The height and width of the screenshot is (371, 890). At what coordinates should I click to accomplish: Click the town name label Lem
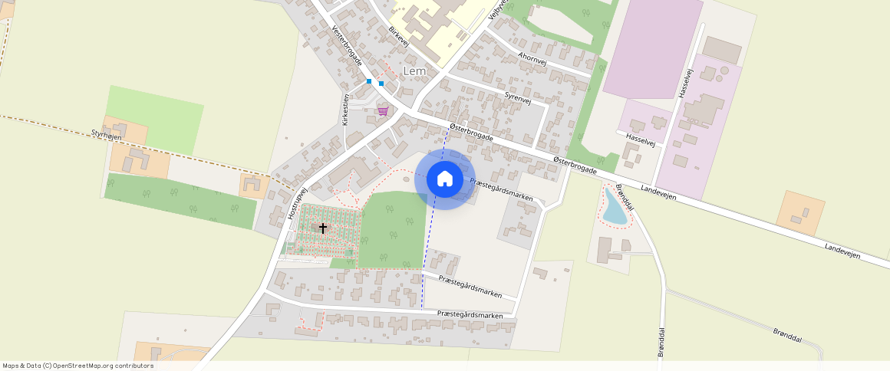coord(414,71)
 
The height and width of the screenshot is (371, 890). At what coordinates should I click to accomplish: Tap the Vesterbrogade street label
coord(347,46)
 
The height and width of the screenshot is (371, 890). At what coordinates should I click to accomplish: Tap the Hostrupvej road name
coord(297,203)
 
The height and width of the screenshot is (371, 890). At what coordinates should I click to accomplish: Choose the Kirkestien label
coord(346,109)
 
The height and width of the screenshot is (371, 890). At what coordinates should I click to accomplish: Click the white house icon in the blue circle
coord(444,179)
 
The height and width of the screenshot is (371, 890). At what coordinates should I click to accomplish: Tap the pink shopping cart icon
coord(382,111)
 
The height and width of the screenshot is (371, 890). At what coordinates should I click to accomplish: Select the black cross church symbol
coord(323,228)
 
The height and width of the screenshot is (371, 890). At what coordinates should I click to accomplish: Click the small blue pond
coord(614,207)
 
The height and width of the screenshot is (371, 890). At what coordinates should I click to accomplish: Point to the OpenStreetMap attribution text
coord(77,366)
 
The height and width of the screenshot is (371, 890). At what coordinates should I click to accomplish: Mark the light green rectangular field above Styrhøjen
coord(155,118)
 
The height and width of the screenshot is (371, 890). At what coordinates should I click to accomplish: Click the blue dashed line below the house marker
coord(426,253)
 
